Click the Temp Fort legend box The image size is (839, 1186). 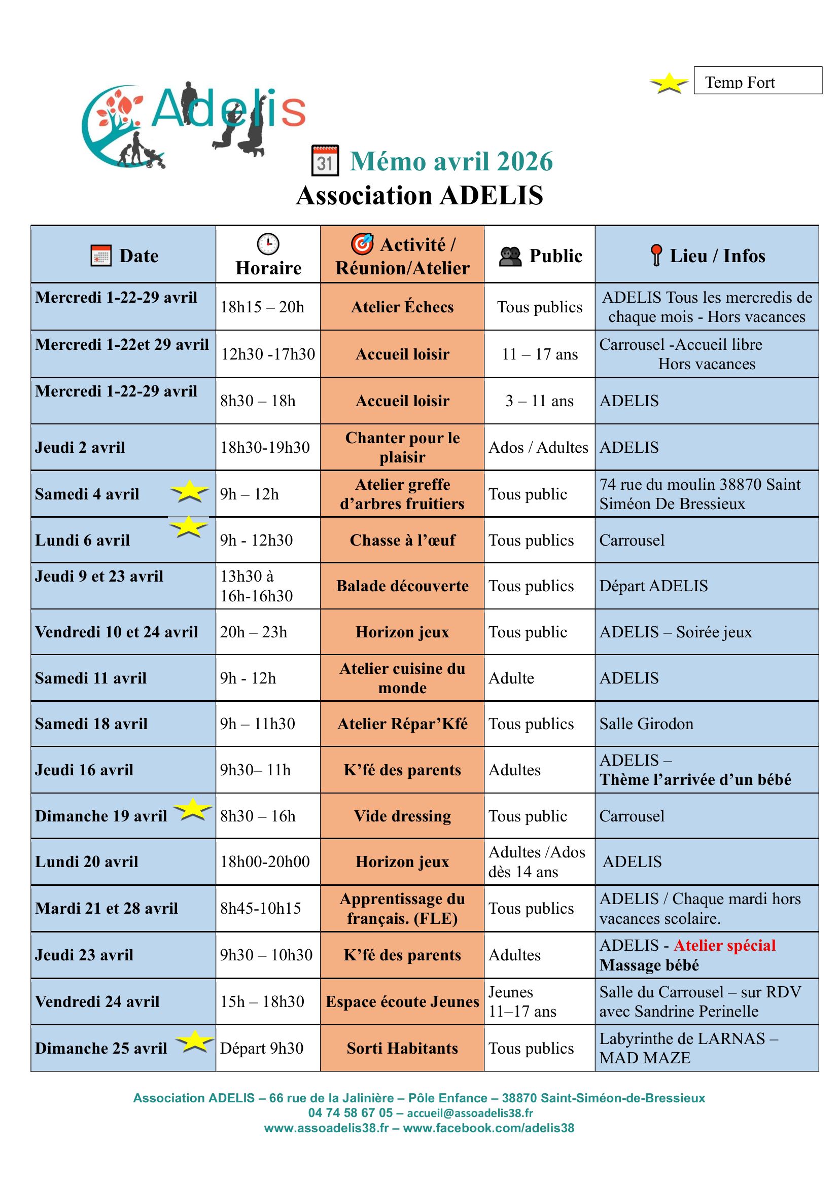point(757,81)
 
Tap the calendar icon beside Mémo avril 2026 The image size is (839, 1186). point(326,161)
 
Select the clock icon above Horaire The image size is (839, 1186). point(268,244)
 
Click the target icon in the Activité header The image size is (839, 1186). point(362,244)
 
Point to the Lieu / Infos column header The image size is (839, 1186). point(707,256)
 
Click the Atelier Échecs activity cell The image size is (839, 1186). point(402,307)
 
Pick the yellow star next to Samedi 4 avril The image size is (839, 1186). point(190,491)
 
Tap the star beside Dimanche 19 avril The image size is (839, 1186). point(193,809)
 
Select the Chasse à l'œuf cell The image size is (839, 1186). point(402,541)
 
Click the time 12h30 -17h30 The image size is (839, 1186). point(268,354)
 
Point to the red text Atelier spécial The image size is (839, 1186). point(724,945)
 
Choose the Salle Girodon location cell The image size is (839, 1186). point(646,724)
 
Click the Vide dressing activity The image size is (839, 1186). point(402,816)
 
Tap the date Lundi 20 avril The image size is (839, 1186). point(87,861)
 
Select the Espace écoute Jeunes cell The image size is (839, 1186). point(402,1001)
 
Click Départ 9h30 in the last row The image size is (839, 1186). point(261,1048)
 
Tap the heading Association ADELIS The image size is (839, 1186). point(419,196)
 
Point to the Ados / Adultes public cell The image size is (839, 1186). point(538,447)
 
